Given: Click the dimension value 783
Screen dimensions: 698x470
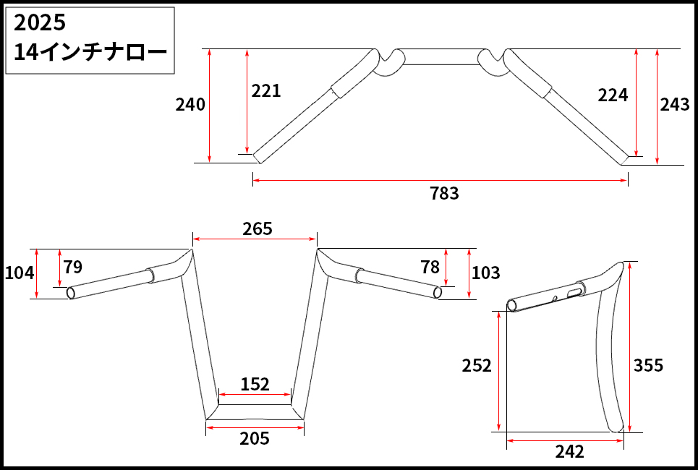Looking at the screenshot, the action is (x=444, y=194).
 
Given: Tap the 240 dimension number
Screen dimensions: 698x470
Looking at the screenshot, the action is (x=190, y=105).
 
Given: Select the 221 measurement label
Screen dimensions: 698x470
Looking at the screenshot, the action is (x=266, y=91).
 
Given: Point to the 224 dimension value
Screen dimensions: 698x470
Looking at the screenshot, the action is (x=613, y=95).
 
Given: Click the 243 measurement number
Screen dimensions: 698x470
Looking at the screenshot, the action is (x=674, y=105).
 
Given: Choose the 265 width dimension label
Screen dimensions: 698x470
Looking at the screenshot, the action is (x=258, y=229).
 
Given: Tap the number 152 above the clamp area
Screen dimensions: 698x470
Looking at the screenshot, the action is (x=255, y=384).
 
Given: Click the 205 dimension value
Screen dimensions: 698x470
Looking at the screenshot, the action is (x=255, y=439).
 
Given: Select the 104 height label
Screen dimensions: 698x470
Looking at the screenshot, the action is (x=19, y=273).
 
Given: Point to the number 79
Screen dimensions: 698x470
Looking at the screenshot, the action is (x=72, y=267).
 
